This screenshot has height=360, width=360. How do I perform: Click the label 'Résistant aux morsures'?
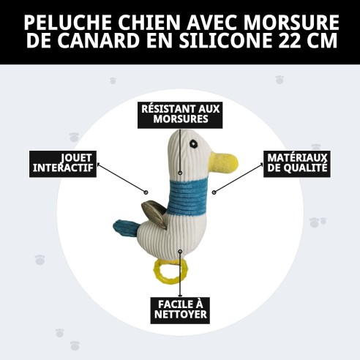(180, 113)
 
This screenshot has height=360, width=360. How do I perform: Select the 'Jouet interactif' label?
(64, 162)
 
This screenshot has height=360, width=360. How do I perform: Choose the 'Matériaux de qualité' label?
(296, 163)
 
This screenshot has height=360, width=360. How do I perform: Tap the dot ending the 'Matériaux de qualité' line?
(214, 192)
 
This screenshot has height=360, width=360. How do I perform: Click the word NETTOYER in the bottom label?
(180, 316)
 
